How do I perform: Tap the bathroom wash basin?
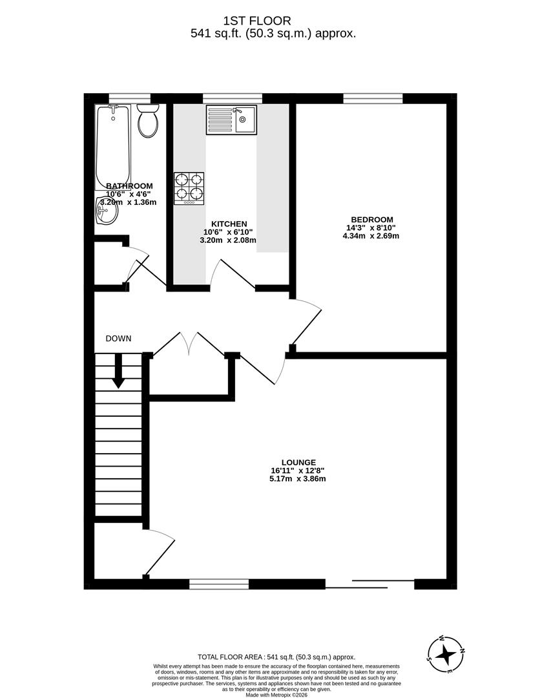(107, 211)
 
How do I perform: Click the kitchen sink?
(231, 120)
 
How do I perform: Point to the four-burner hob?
(189, 188)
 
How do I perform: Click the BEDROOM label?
(370, 219)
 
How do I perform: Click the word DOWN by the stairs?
(119, 338)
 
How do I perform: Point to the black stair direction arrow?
(118, 375)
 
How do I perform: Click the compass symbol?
(445, 655)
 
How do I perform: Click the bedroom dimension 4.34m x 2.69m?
(371, 236)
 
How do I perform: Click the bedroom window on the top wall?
(373, 99)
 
